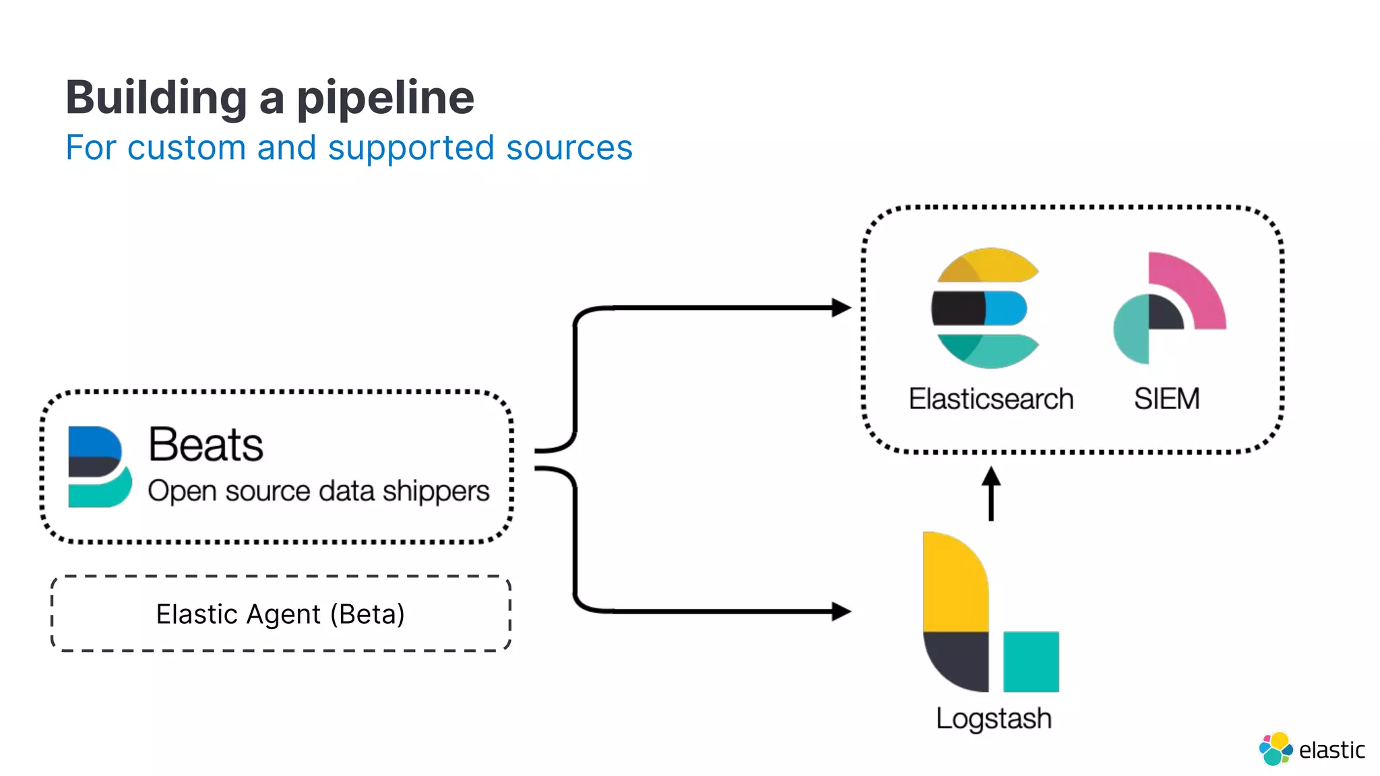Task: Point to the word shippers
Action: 436,491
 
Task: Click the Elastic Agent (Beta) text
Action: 280,614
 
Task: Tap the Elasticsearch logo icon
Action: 985,308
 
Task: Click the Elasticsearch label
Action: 991,399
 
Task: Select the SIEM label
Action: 1166,399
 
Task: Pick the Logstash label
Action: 993,718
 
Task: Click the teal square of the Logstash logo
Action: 1030,661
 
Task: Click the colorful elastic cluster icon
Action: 1275,749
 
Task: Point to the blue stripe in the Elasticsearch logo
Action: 1005,308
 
